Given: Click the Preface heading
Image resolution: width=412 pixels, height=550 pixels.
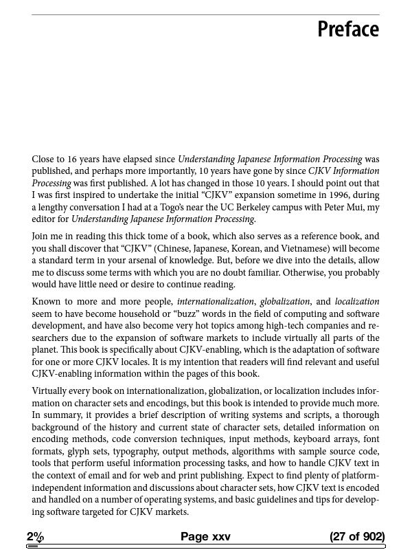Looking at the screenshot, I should point(348,30).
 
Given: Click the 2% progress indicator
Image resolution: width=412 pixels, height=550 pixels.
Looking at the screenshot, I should point(35,536).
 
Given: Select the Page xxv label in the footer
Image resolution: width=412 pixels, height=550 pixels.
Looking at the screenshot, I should point(205,536).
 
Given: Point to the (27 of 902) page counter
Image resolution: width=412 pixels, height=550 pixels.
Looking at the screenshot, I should point(357,536).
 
